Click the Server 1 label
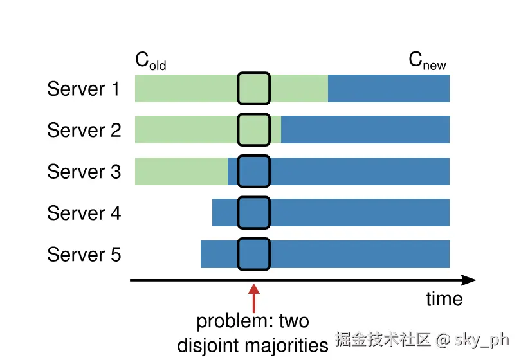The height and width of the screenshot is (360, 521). (x=84, y=89)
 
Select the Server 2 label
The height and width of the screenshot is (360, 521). (x=84, y=130)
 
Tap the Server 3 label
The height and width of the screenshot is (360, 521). (x=84, y=172)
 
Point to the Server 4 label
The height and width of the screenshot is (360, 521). (x=84, y=213)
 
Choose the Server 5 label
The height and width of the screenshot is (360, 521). (x=84, y=255)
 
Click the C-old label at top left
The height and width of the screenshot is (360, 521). (x=151, y=61)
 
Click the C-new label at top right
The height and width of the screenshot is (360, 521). (x=427, y=61)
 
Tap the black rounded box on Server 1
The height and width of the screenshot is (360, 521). (x=253, y=89)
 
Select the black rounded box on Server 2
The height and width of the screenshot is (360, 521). (x=253, y=130)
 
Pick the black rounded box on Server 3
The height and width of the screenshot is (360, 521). (x=253, y=171)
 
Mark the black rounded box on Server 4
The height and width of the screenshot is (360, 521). (x=253, y=213)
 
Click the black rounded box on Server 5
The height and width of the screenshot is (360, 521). (x=253, y=254)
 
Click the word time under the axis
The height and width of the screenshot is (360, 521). (x=444, y=299)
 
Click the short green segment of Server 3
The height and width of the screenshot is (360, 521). (x=181, y=171)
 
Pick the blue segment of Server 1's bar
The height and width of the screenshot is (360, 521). (x=388, y=89)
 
